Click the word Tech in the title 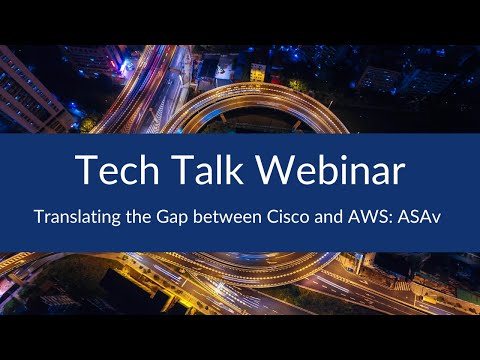point(116,171)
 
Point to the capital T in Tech point(86,171)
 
